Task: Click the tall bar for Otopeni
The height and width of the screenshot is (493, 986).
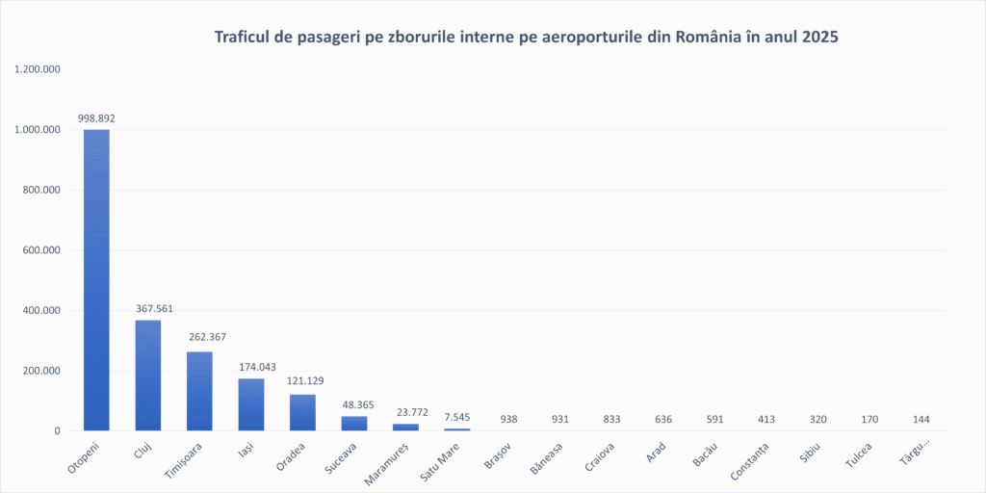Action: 96,279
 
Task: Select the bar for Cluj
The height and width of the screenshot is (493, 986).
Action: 148,376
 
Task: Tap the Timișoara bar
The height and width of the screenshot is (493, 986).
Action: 199,391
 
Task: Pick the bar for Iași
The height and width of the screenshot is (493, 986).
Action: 251,404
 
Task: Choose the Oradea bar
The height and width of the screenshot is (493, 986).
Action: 302,413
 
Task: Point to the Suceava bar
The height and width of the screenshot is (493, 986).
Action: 354,424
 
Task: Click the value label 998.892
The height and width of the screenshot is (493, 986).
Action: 96,118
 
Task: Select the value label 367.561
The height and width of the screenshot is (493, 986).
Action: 148,309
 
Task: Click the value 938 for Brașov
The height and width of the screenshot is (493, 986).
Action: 508,420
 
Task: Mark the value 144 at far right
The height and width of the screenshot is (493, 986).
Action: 921,420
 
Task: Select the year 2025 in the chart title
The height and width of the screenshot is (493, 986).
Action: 817,38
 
